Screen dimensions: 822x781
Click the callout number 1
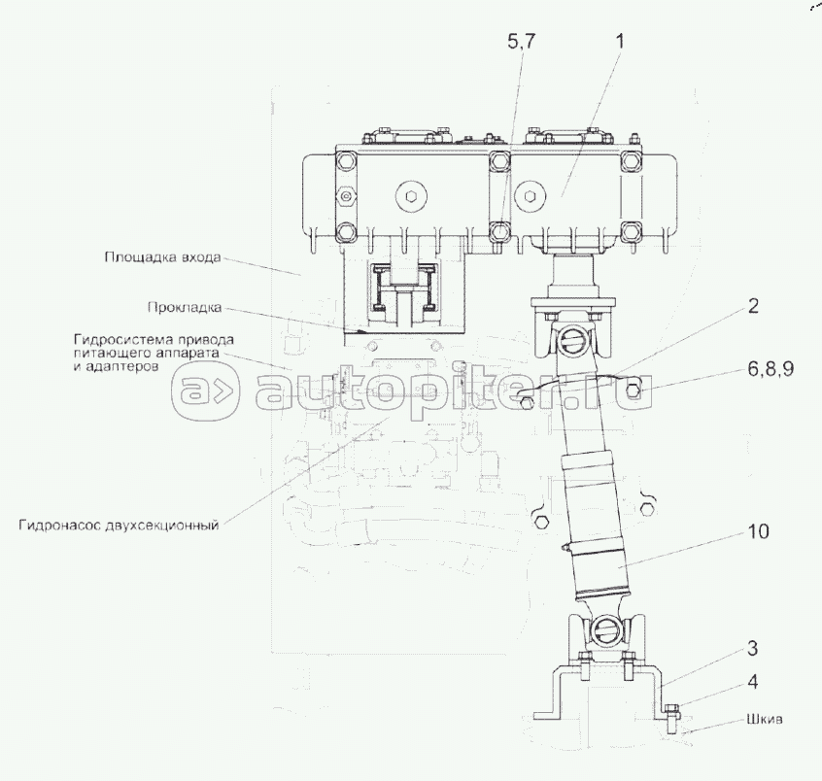point(620,42)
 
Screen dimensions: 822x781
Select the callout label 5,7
point(522,42)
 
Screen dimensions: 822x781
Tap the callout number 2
point(753,306)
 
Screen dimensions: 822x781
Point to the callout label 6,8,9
point(771,369)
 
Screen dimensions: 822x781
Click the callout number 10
point(758,531)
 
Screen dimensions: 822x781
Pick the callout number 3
point(752,648)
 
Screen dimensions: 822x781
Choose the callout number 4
point(753,682)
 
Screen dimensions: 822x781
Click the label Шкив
point(765,719)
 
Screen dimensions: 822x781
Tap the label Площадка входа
point(162,257)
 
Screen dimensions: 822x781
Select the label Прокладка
point(185,307)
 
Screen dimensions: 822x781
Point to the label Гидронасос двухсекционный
point(119,526)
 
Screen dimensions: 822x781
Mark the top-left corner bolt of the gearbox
point(346,161)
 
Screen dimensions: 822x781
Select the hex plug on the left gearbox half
point(412,197)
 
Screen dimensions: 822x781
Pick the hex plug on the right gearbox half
point(530,197)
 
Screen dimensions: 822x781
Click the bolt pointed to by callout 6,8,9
point(634,390)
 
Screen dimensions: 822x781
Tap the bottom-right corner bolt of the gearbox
point(631,230)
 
